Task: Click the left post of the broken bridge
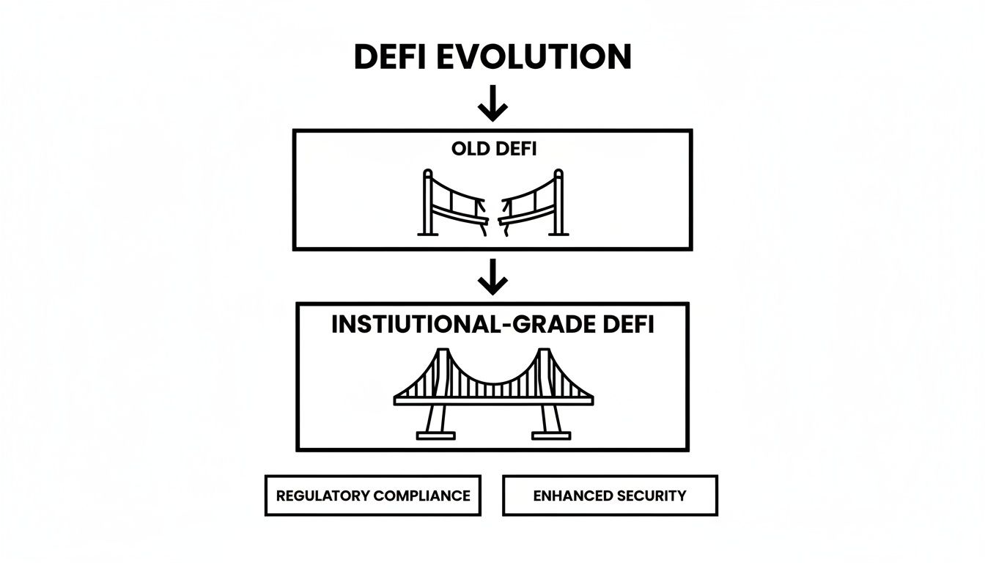pyautogui.click(x=428, y=203)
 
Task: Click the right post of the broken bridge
pyautogui.click(x=558, y=203)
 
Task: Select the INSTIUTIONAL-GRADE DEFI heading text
pyautogui.click(x=492, y=325)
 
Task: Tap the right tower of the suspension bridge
pyautogui.click(x=543, y=374)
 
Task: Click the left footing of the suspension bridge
pyautogui.click(x=435, y=435)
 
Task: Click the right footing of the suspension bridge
pyautogui.click(x=552, y=435)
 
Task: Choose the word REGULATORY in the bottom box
pyautogui.click(x=323, y=496)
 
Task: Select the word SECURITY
pyautogui.click(x=652, y=496)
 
